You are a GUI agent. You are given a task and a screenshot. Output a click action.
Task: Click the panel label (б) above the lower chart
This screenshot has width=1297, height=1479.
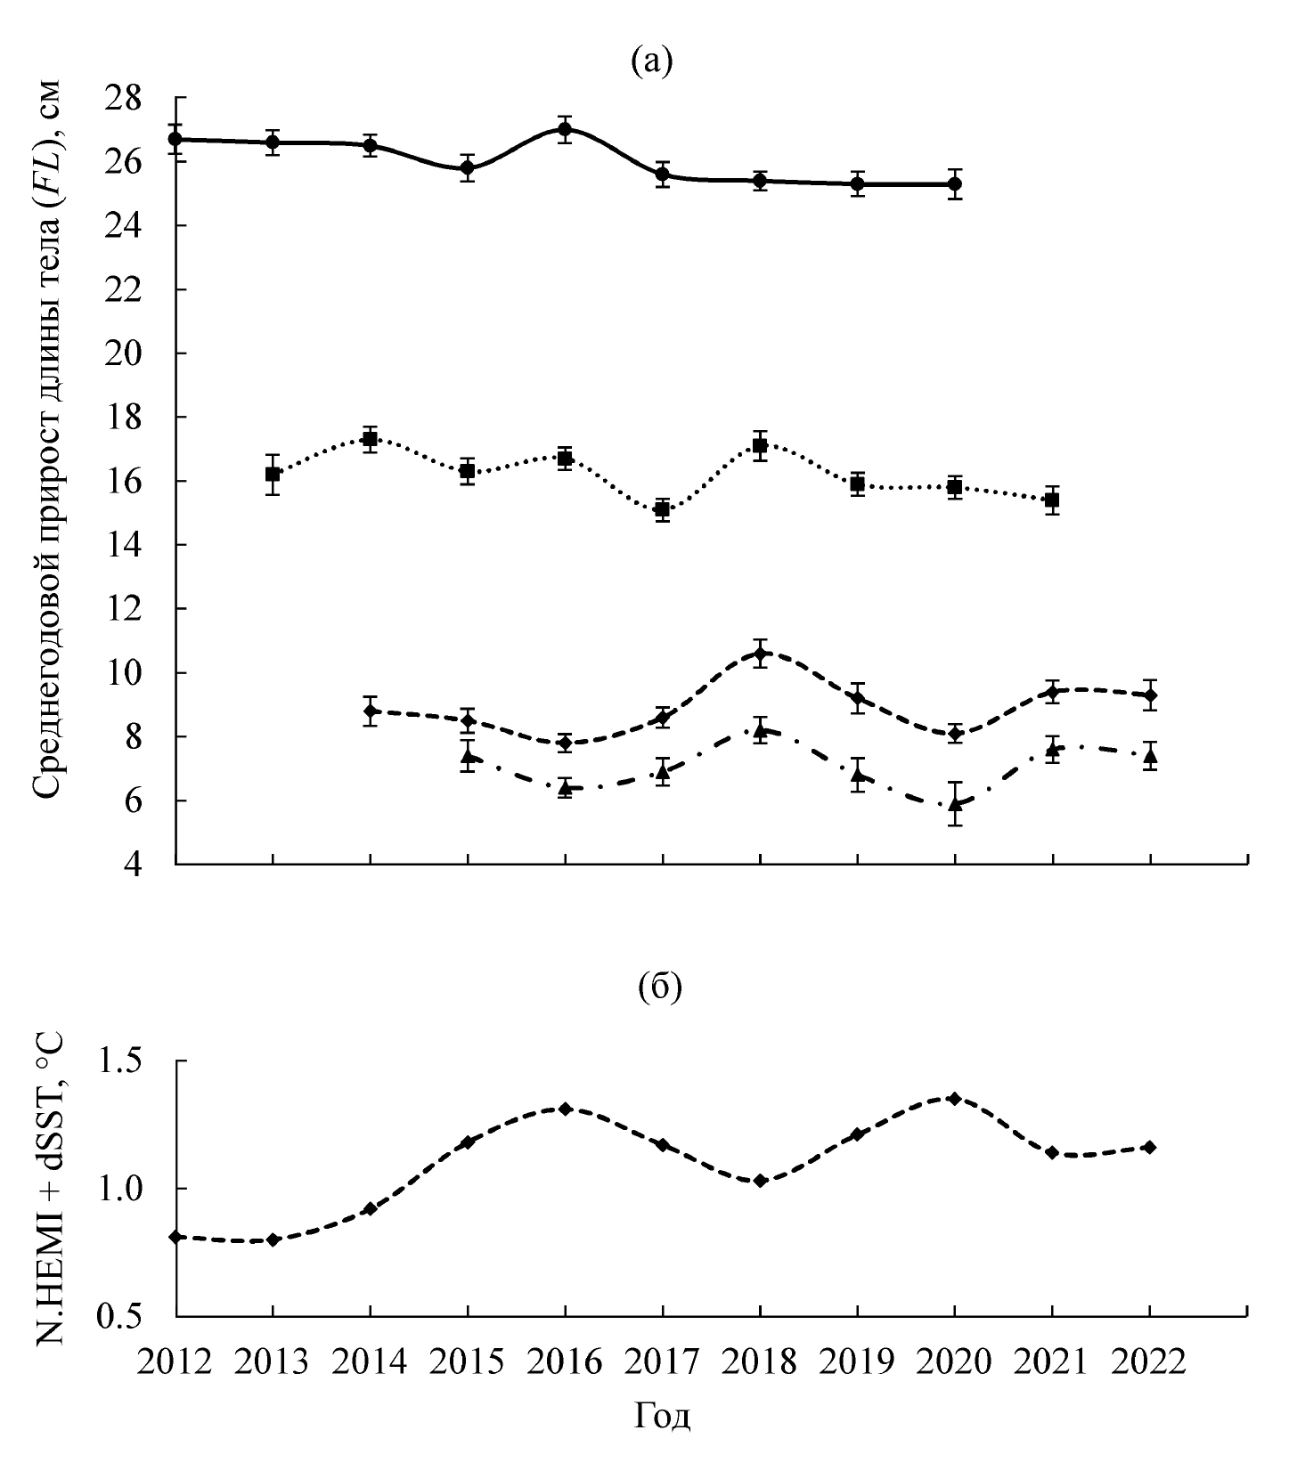660,988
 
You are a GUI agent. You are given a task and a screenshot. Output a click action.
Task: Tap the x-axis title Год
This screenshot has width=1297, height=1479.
663,1416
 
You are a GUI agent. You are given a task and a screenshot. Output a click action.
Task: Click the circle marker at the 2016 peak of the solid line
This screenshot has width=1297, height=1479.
565,129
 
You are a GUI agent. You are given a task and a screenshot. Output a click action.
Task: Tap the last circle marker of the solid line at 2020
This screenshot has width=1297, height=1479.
955,184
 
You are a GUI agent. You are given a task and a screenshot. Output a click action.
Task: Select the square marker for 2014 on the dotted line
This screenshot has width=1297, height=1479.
370,438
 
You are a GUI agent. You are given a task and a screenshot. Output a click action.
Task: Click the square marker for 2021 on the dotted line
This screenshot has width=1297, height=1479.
1052,500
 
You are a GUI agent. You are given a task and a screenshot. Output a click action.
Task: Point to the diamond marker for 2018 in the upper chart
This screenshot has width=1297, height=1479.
760,654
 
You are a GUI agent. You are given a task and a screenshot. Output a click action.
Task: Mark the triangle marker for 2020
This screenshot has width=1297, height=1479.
955,805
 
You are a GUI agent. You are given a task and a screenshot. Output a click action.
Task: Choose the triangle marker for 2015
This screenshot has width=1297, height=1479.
468,757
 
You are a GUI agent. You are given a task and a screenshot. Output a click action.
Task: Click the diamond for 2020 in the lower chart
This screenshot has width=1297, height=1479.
955,1099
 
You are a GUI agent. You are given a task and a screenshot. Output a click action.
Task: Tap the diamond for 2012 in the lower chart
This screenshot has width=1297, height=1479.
176,1237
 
